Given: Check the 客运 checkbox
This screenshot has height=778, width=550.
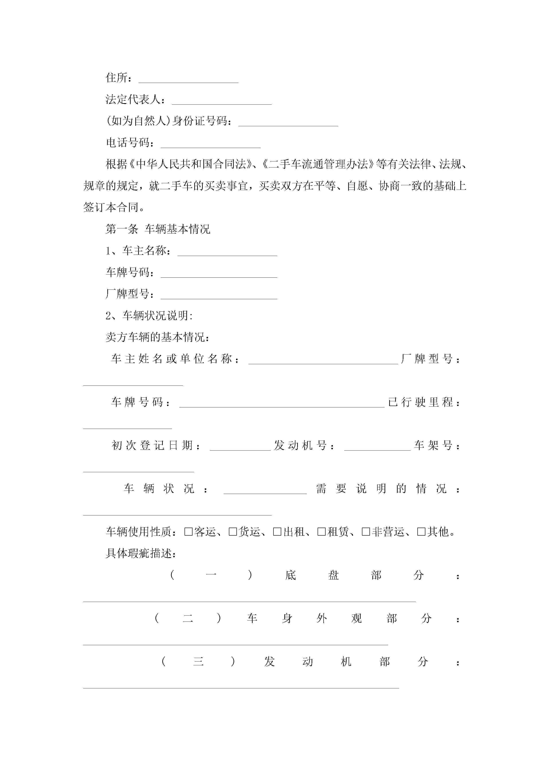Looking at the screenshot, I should (189, 532).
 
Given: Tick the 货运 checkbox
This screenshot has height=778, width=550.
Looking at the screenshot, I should (233, 532).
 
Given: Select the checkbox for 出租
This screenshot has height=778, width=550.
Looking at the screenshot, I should (277, 532).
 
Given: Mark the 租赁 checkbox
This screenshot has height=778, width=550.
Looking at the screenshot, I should (322, 532).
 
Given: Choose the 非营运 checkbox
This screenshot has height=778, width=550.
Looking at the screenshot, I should (366, 532).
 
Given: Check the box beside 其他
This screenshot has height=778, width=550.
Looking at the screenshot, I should (421, 532).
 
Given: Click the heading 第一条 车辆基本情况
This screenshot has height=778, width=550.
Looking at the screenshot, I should (158, 229).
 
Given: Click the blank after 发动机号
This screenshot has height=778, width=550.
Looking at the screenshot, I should (377, 448).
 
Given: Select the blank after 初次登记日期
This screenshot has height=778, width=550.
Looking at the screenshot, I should (240, 448).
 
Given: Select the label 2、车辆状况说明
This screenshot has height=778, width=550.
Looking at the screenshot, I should (149, 316).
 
